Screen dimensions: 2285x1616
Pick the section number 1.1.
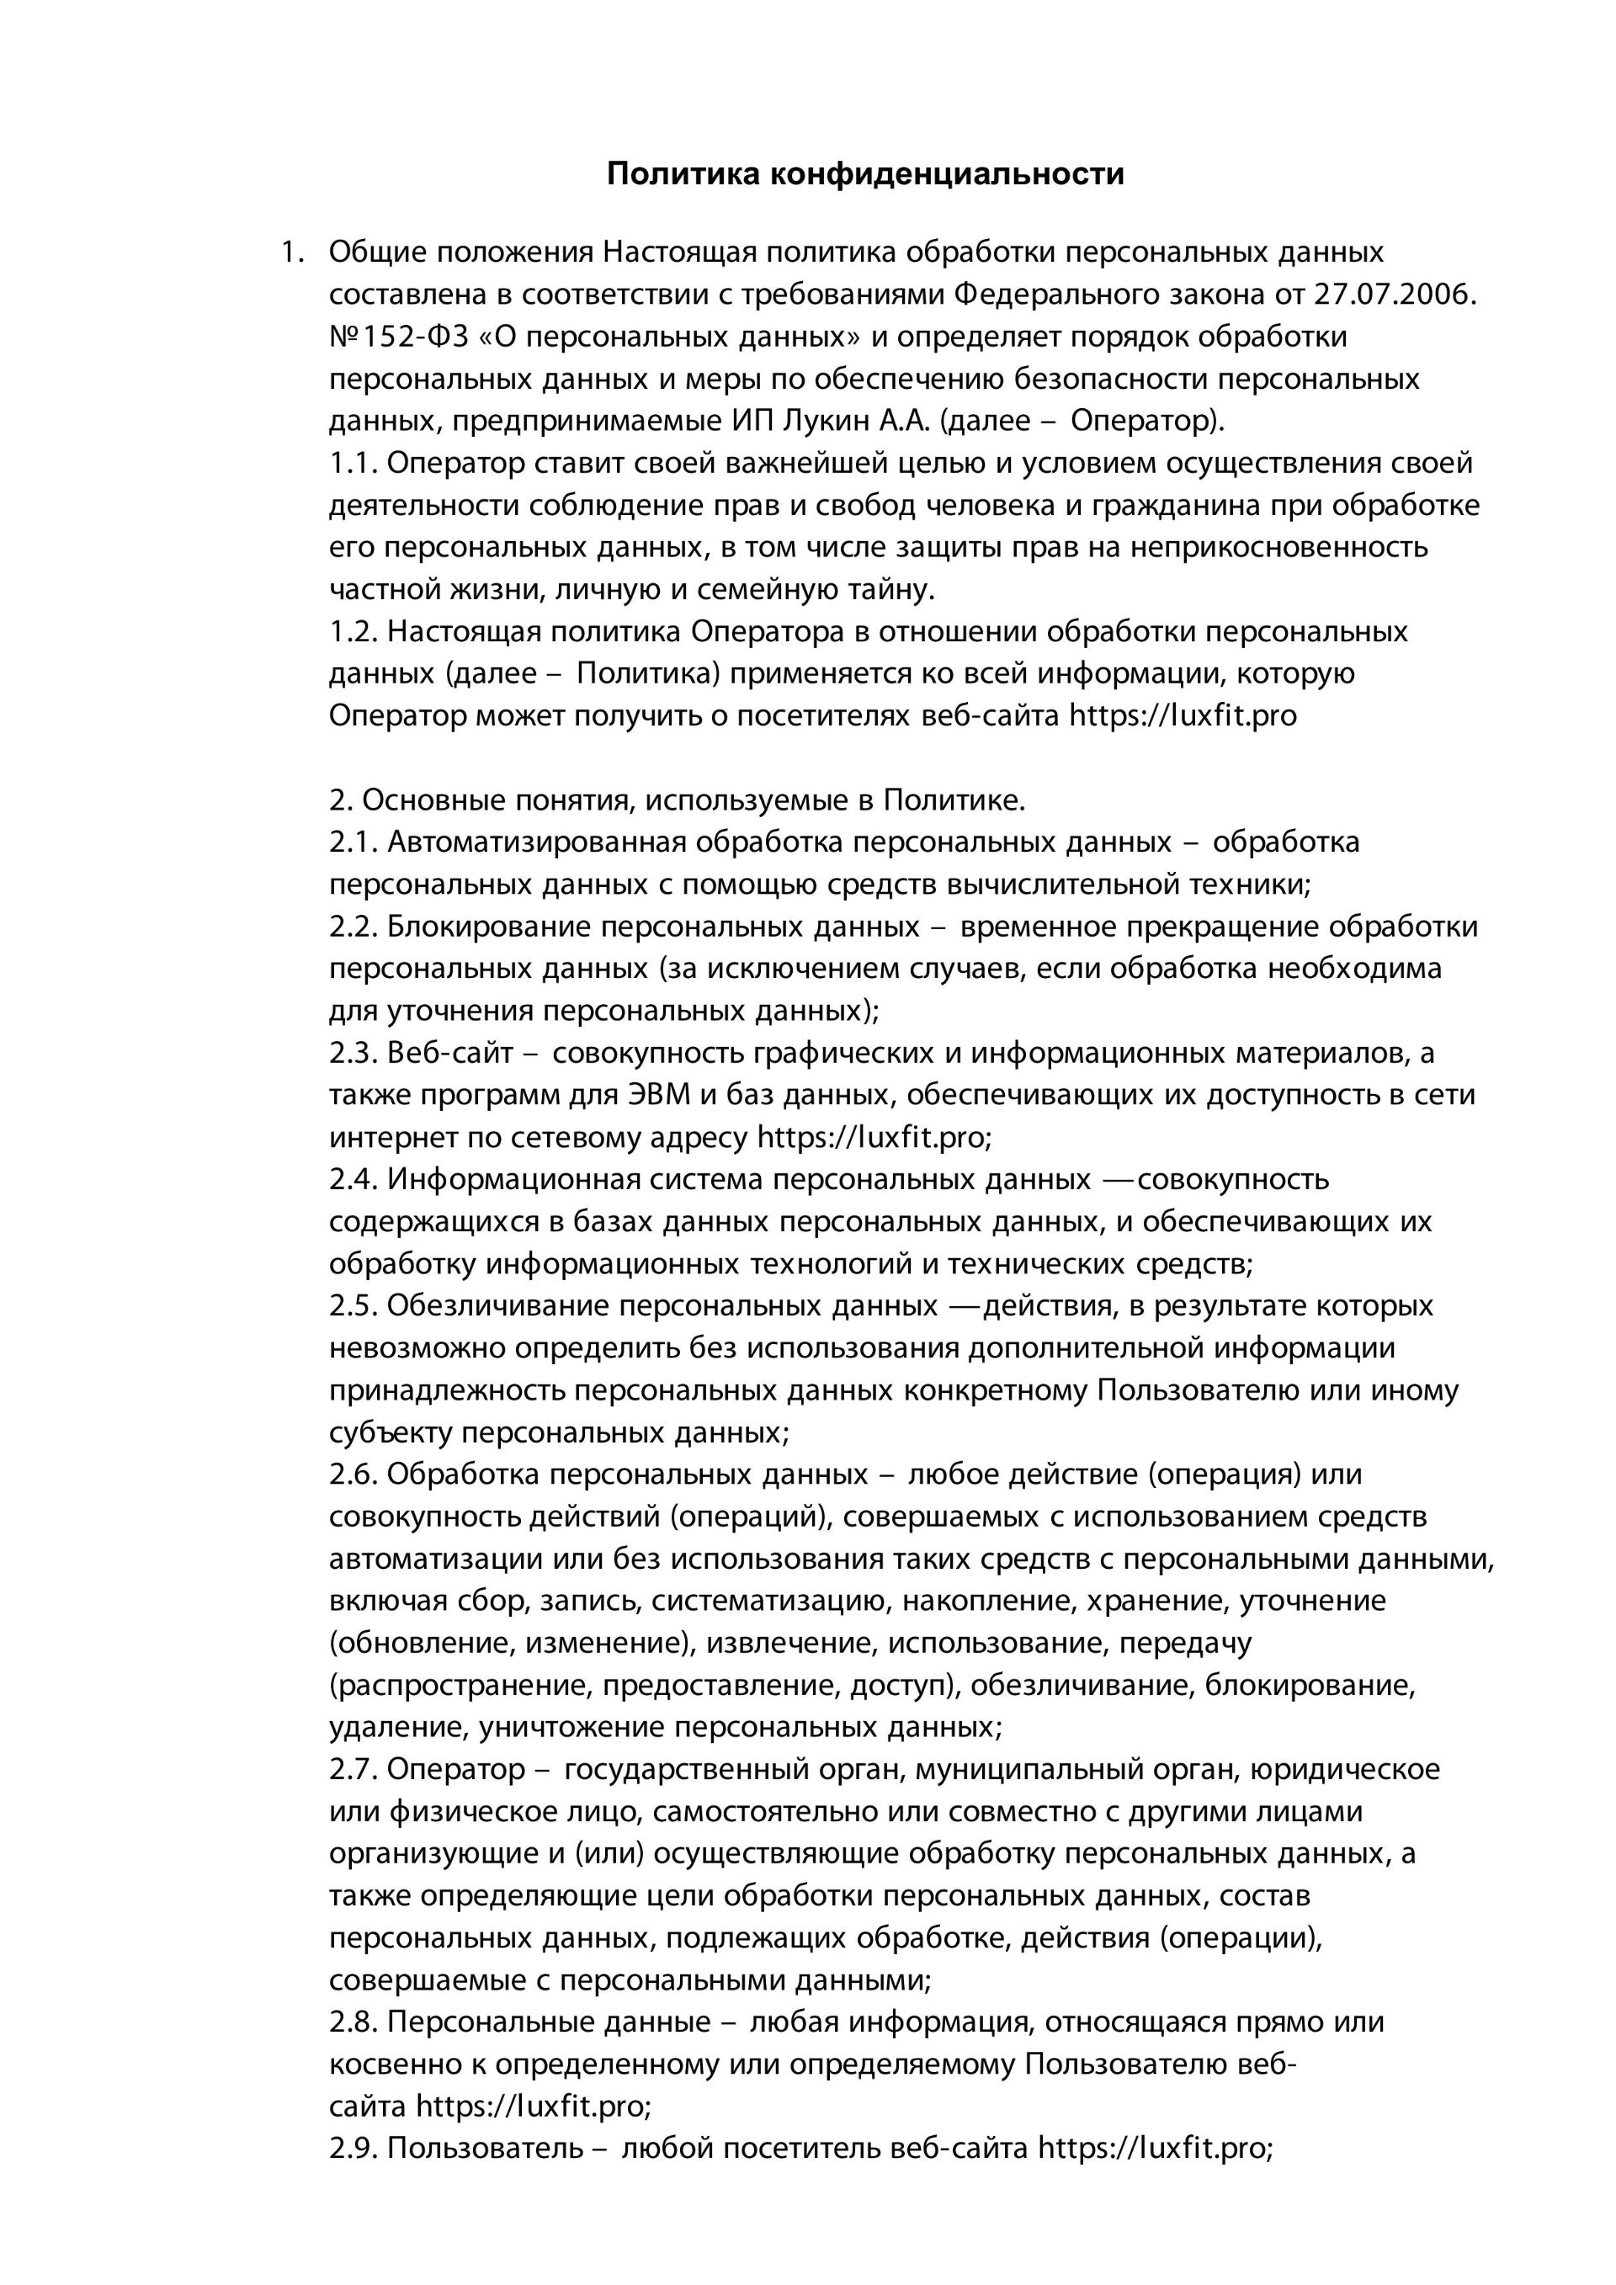pyautogui.click(x=353, y=464)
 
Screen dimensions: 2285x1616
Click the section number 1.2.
pyautogui.click(x=353, y=632)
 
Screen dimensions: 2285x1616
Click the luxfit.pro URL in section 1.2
pyautogui.click(x=1183, y=716)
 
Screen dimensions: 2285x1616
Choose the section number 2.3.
pyautogui.click(x=353, y=1053)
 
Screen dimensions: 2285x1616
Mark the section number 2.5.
pyautogui.click(x=353, y=1305)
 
